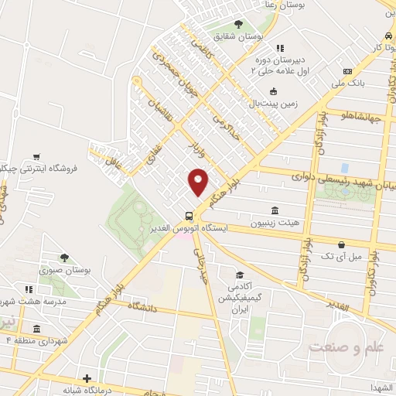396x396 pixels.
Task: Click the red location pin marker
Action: coord(199,182)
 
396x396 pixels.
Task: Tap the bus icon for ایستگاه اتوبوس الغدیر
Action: coord(189,216)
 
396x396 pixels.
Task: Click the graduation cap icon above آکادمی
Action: coord(240,276)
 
